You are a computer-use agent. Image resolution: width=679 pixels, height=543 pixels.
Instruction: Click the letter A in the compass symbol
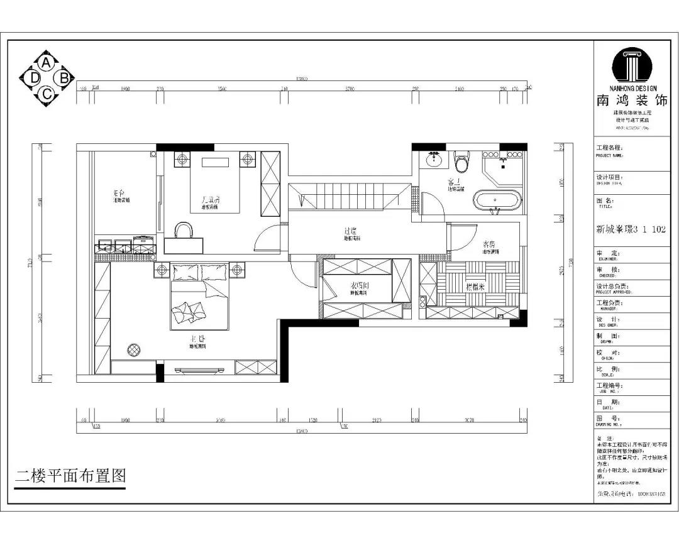[x=47, y=63]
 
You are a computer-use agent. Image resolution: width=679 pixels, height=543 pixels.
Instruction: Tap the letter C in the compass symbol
[x=47, y=94]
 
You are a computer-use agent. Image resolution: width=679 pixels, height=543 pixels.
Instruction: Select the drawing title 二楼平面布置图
[x=70, y=476]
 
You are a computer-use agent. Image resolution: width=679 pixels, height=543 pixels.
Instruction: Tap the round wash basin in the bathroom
[x=433, y=160]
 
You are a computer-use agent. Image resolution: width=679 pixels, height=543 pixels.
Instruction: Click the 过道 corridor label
[x=351, y=232]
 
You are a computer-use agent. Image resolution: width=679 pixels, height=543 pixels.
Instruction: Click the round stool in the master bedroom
[x=134, y=349]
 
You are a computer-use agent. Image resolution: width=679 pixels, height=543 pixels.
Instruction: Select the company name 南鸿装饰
[x=632, y=101]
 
